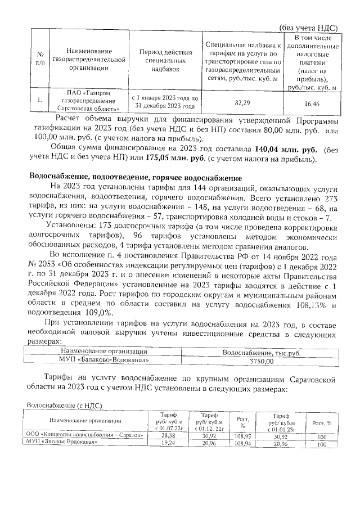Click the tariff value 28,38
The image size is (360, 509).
168,435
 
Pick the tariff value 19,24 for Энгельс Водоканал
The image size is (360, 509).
168,443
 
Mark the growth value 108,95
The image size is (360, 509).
242,435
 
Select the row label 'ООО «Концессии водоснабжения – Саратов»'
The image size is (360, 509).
80,435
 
